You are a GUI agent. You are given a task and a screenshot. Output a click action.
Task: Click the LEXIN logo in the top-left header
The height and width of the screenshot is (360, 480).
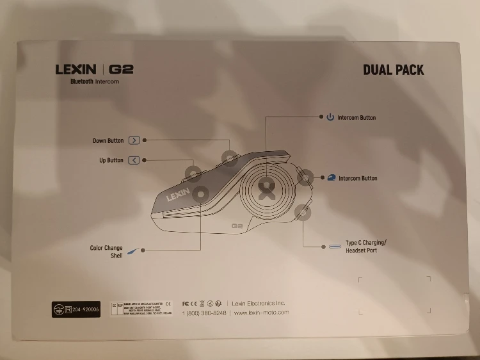(x=76, y=69)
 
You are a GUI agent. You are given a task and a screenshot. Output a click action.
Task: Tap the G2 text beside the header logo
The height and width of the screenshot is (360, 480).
(x=121, y=69)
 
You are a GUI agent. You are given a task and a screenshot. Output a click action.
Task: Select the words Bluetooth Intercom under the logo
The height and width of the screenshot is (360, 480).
(x=95, y=81)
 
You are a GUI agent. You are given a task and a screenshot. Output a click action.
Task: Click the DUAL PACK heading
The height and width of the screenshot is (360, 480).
(x=393, y=70)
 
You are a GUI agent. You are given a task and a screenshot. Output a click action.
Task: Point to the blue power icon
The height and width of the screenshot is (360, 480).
(x=330, y=117)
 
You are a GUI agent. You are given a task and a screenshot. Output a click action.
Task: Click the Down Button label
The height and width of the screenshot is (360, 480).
(x=108, y=140)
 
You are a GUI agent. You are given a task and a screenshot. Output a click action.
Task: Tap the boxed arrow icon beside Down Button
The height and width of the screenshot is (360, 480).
(x=134, y=140)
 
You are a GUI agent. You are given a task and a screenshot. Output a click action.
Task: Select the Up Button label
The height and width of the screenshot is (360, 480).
(x=111, y=160)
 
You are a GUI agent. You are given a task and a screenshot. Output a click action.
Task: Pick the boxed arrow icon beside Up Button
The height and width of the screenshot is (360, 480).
(x=134, y=160)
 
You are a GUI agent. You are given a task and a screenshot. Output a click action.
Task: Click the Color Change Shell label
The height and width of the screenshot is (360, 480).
(x=106, y=252)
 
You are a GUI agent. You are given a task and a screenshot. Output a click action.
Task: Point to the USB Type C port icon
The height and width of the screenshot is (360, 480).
(x=335, y=246)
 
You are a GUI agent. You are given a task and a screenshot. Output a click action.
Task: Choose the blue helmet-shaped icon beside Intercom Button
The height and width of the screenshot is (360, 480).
(x=332, y=178)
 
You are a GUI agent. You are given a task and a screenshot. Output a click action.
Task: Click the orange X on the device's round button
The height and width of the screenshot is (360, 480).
(x=266, y=188)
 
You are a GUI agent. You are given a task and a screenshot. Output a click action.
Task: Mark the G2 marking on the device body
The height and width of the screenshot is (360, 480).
(x=236, y=225)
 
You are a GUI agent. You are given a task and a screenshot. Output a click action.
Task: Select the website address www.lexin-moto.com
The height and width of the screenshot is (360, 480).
(x=261, y=313)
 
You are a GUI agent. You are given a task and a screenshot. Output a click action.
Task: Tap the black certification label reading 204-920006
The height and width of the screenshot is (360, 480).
(x=76, y=308)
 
